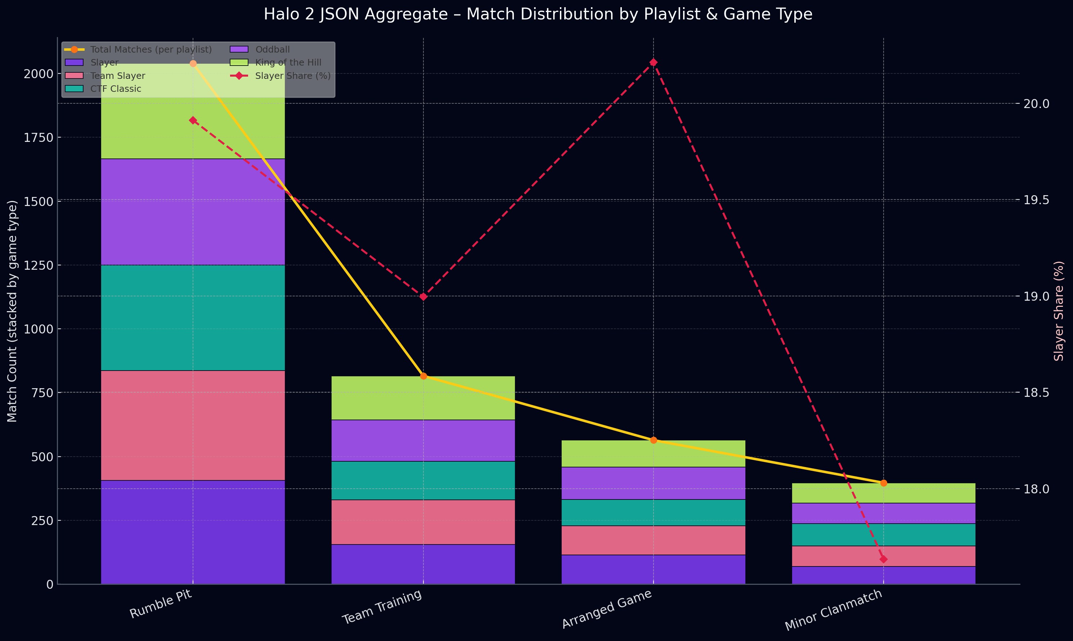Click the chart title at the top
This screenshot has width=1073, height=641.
click(538, 14)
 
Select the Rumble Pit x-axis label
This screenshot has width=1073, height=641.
click(161, 604)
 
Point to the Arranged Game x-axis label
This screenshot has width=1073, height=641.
click(606, 609)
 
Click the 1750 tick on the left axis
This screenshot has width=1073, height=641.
click(39, 137)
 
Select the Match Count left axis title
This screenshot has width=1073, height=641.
click(12, 311)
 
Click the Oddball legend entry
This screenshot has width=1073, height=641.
click(272, 50)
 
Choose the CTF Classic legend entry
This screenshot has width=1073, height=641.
click(115, 89)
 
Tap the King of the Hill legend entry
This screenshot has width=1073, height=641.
click(288, 63)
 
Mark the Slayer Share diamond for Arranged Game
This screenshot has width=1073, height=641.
click(653, 63)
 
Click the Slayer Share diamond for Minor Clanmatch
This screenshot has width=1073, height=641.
click(884, 559)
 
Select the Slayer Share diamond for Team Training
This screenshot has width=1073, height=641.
click(423, 297)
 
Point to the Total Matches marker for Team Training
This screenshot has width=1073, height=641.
click(423, 376)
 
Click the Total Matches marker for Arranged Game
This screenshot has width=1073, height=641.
click(653, 440)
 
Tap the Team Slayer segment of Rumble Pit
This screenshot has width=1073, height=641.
click(193, 425)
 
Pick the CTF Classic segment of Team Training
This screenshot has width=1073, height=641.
click(423, 480)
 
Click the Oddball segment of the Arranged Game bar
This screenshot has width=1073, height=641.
click(653, 483)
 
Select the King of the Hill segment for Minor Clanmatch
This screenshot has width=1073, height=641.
click(884, 493)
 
